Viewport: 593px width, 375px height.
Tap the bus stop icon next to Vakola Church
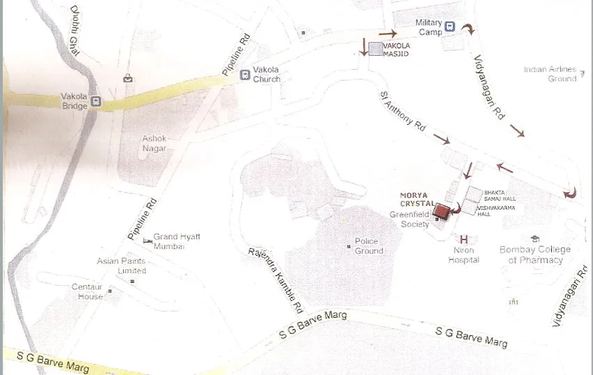tap(244, 75)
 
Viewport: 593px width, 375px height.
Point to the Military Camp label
tap(429, 27)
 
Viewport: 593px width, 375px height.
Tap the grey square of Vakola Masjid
tap(376, 49)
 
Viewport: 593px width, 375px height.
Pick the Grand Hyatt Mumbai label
tap(177, 241)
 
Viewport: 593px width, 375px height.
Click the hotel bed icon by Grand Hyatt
tap(147, 240)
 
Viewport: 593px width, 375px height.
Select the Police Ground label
tap(369, 246)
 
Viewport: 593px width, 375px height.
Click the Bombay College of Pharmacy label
tap(535, 254)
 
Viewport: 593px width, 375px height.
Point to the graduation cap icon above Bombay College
tap(535, 238)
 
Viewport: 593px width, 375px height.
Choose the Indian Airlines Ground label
tap(551, 74)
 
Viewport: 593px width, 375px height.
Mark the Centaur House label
tap(88, 291)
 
